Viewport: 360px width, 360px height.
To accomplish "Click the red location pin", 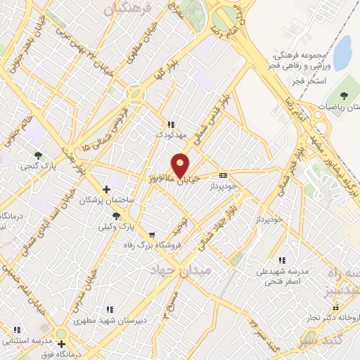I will coord(181,165).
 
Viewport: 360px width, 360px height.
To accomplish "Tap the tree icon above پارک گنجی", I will coord(37,155).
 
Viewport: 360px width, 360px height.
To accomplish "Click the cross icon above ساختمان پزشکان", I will coord(106,188).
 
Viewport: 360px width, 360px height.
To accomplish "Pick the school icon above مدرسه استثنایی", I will coord(17,329).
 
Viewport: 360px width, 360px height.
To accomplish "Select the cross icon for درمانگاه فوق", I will coord(62,345).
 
